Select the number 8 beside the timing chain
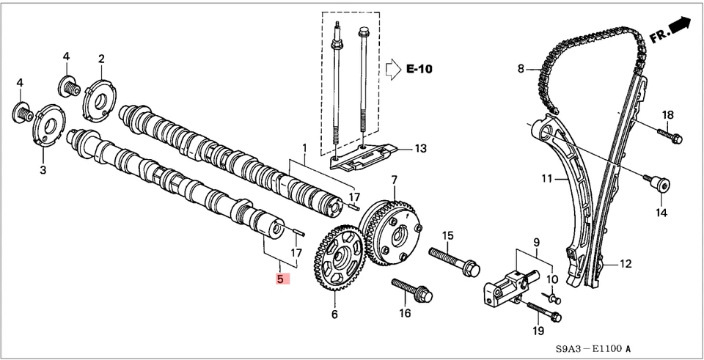(x=521, y=70)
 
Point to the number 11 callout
(x=547, y=178)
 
